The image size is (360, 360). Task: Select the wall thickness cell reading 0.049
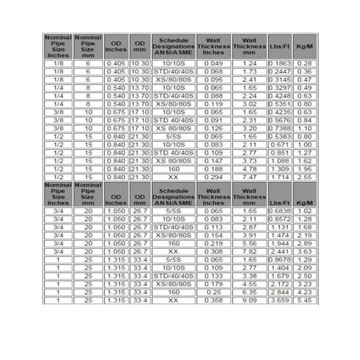213,63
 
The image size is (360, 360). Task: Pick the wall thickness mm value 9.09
249,300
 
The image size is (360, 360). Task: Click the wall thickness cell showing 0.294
213,176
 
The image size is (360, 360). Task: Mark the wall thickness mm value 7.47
249,176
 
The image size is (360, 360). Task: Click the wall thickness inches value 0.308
213,251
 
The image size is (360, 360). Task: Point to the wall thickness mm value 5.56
249,243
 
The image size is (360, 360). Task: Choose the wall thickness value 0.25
213,292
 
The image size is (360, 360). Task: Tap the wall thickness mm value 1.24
249,63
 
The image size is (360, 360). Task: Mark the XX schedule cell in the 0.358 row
173,300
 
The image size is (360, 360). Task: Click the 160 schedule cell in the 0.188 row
173,168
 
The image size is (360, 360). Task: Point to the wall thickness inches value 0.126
213,127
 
